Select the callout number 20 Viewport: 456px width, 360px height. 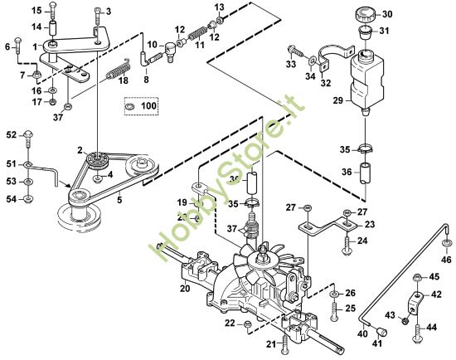(185, 288)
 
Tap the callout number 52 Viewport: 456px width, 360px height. (11, 134)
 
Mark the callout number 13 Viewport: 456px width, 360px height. (219, 7)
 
